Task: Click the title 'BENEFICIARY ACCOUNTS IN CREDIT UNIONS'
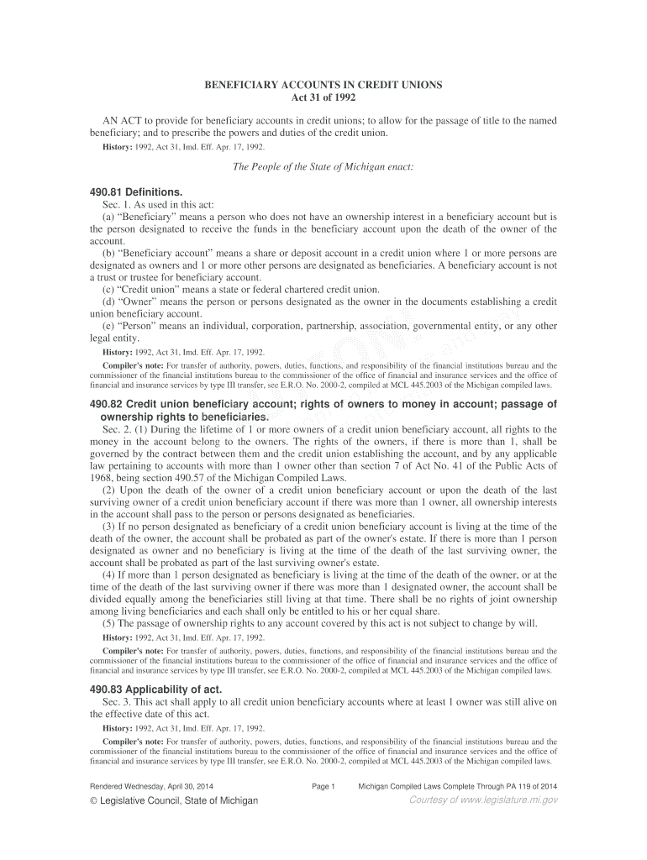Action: pos(323,87)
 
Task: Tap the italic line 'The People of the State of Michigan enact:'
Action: pos(323,166)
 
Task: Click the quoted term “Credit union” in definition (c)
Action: pos(139,290)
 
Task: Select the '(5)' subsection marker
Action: pos(108,623)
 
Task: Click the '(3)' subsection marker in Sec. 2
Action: pos(108,527)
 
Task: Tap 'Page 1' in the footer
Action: pos(323,786)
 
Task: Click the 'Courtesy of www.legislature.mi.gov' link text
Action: pos(482,800)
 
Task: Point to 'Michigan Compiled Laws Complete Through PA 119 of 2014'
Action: pos(458,786)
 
